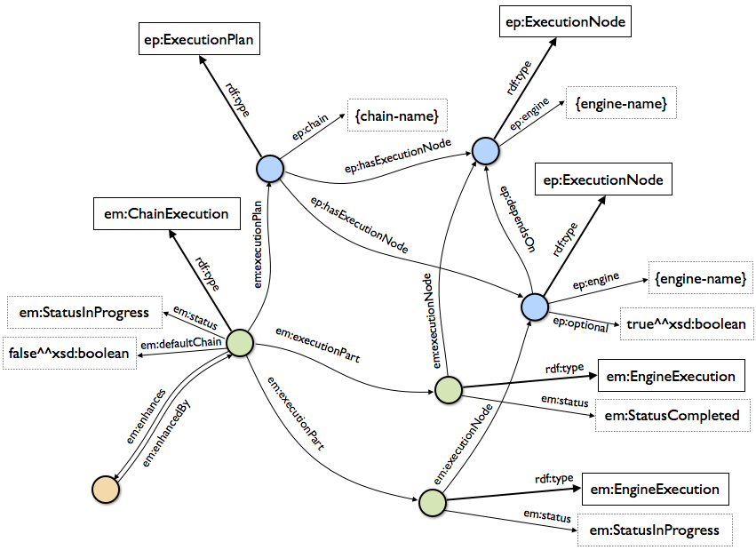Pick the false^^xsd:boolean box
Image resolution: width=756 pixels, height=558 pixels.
[70, 353]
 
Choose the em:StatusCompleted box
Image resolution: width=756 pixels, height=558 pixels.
[672, 415]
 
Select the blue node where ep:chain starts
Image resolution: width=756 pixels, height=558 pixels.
[269, 168]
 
